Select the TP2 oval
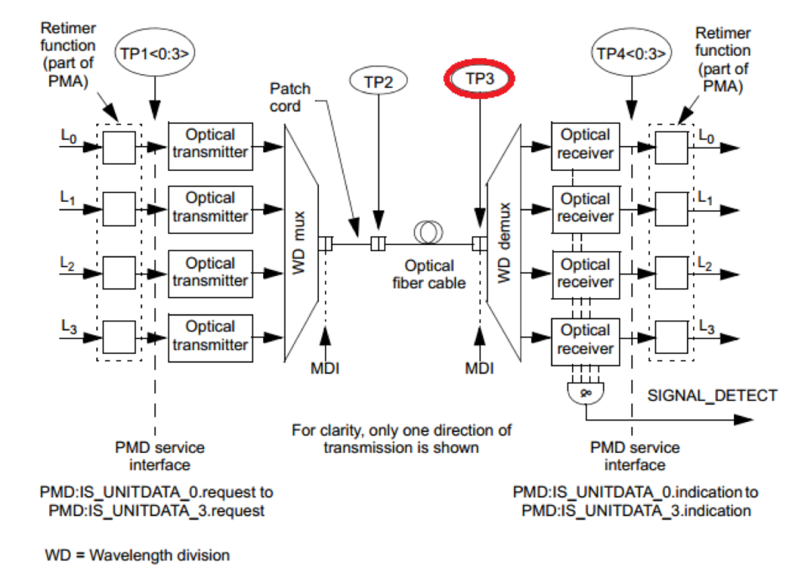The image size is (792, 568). pyautogui.click(x=378, y=82)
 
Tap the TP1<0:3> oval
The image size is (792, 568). pyautogui.click(x=154, y=52)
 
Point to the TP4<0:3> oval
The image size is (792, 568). pyautogui.click(x=631, y=53)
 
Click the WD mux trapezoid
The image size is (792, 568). pyautogui.click(x=300, y=243)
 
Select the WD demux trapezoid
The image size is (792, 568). pyautogui.click(x=504, y=243)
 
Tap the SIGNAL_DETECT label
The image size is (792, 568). pyautogui.click(x=711, y=396)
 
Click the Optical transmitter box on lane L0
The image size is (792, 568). pyautogui.click(x=210, y=145)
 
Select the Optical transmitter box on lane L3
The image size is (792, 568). pyautogui.click(x=210, y=336)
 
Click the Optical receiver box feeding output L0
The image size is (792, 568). pyautogui.click(x=584, y=145)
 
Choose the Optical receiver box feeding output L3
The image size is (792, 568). pyautogui.click(x=584, y=339)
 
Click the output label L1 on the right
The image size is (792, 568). pyautogui.click(x=705, y=197)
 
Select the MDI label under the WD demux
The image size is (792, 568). pyautogui.click(x=480, y=367)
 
